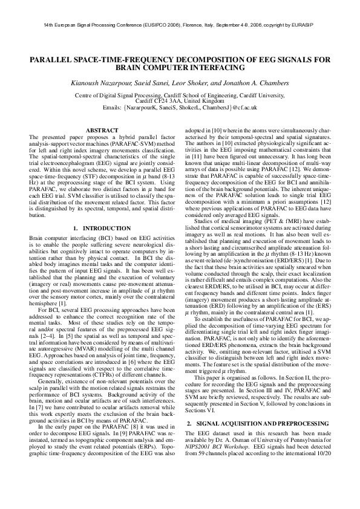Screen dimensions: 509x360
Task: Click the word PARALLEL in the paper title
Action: pyautogui.click(x=54, y=59)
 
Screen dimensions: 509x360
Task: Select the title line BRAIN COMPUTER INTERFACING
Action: pyautogui.click(x=180, y=68)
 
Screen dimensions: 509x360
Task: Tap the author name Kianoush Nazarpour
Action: pyautogui.click(x=116, y=83)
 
